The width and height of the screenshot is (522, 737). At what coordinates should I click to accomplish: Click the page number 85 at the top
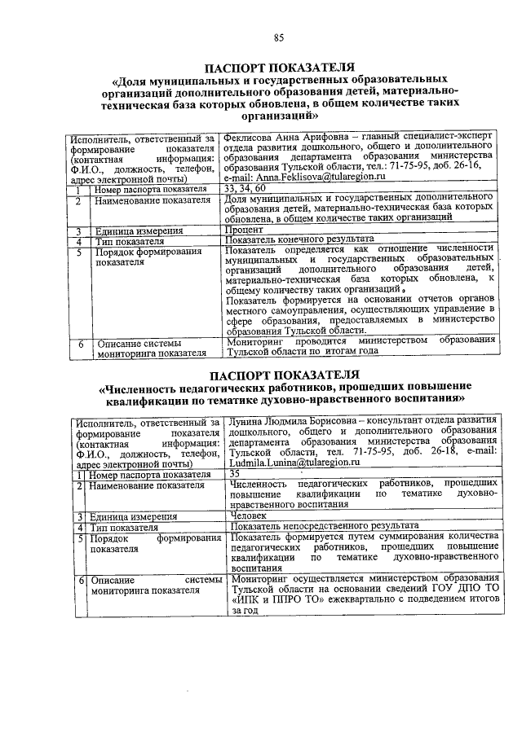(x=278, y=37)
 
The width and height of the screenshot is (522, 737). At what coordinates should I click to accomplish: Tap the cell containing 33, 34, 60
(x=242, y=189)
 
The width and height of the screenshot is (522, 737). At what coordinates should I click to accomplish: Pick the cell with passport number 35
(x=236, y=473)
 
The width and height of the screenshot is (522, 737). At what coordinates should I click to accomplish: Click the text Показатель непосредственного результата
(x=325, y=526)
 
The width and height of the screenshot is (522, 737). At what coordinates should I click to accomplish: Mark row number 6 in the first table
(x=81, y=344)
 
